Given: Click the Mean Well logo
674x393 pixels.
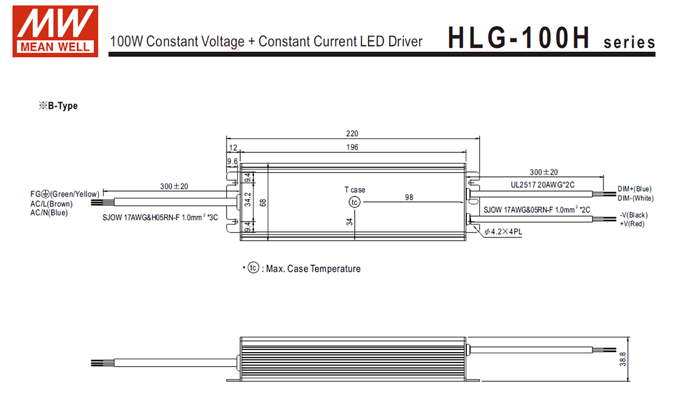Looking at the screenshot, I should coord(55,31).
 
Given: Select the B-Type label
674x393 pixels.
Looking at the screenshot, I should coord(59,106).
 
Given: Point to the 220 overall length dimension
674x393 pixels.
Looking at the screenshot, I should coord(352,133).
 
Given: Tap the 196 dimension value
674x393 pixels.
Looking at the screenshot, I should coord(352,147).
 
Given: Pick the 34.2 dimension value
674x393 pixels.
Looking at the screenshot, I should coord(248,199).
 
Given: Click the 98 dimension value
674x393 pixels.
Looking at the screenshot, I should coord(409,197).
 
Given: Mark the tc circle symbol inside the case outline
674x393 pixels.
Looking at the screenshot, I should coord(354,202).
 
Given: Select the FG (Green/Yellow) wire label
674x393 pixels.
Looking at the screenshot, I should coord(65,195).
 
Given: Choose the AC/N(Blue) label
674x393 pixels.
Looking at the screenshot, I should coord(49,212).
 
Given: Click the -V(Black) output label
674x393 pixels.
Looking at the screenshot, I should coord(634,215).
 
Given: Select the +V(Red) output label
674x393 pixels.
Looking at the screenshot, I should coord(632,224).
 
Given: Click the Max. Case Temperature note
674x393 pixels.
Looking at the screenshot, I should coord(306,269).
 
